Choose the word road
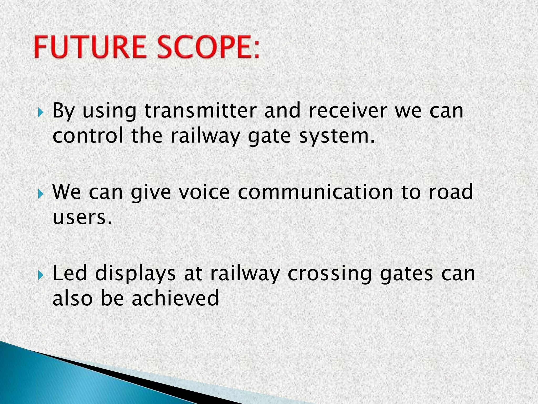(451, 192)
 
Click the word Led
(70, 274)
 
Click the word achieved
(175, 299)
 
